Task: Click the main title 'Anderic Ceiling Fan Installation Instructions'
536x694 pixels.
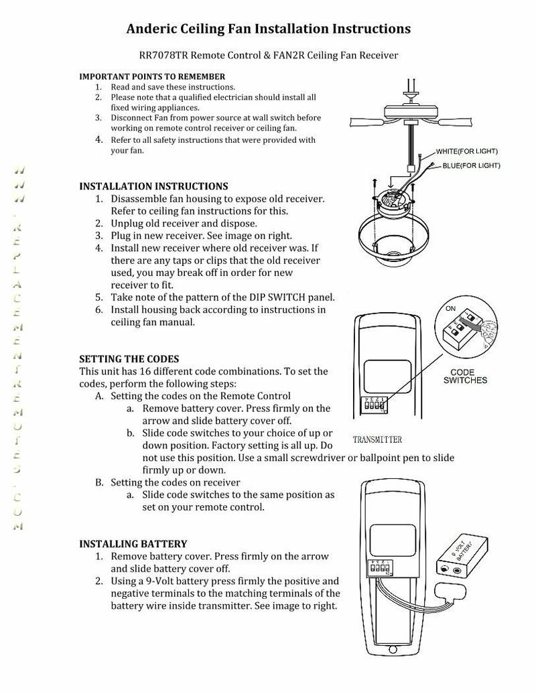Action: tap(269, 29)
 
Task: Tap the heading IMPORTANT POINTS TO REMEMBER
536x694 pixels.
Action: tap(152, 76)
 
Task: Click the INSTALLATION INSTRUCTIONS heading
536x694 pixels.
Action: tap(153, 186)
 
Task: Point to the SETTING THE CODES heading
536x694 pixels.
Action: tap(129, 359)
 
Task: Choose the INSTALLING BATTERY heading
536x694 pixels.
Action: tap(133, 543)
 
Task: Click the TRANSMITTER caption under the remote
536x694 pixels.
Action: tap(377, 440)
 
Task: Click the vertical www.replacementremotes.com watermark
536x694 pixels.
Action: tap(21, 348)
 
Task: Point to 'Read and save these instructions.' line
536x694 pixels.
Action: tap(173, 87)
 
